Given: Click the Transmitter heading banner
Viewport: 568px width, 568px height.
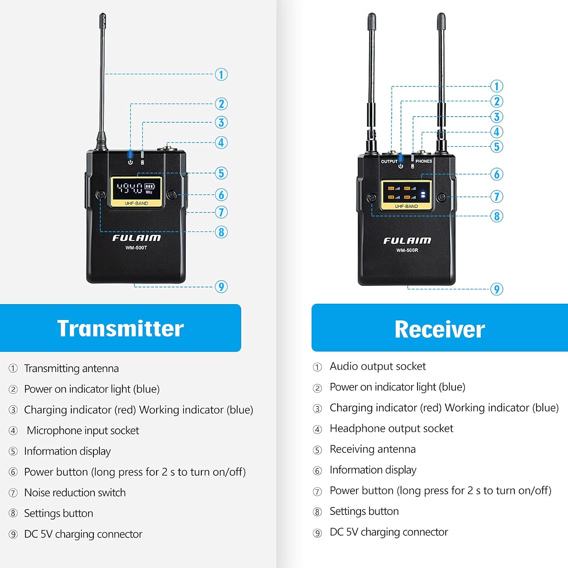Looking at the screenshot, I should pos(120,328).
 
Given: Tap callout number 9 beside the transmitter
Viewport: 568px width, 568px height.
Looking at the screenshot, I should pos(221,287).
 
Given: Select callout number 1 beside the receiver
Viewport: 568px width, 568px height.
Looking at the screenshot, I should pos(496,86).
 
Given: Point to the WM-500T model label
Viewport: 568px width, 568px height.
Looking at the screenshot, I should pos(136,248).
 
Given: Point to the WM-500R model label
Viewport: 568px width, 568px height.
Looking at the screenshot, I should pos(407,250).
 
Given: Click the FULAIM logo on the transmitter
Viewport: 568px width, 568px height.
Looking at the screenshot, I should pos(136,238).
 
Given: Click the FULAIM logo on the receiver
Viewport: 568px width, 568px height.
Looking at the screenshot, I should pos(407,240).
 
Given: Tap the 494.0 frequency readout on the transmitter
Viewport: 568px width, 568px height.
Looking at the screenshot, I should pos(130,188).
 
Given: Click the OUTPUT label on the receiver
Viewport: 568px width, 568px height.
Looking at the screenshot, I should pos(389,161).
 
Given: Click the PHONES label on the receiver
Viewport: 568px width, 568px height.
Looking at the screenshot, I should pos(424,161).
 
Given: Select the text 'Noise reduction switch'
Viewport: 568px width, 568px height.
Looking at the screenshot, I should pos(75,493).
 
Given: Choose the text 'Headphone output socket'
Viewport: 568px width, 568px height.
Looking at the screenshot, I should pos(391,428).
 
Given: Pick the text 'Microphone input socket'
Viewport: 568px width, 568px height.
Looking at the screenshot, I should pos(83,431).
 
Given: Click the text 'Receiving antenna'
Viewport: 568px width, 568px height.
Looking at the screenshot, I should pos(373,449).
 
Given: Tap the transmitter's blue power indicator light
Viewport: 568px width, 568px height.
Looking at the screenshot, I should pos(130,154).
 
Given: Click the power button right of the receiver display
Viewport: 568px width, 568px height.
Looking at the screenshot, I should pos(441,197).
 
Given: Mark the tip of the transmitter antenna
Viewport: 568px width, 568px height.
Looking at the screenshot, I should pos(103,16).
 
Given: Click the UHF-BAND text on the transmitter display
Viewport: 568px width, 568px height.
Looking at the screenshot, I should pos(136,203).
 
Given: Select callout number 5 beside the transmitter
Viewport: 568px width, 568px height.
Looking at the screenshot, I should pos(221,173).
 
